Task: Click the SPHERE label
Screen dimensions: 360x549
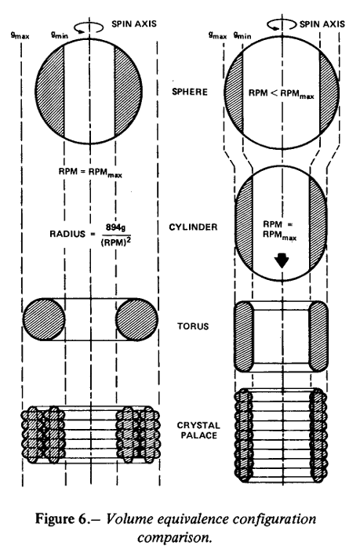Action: click(190, 92)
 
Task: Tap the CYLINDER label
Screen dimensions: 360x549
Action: click(193, 227)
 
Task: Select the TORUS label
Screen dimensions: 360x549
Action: click(193, 326)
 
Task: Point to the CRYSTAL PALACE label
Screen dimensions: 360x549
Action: click(198, 431)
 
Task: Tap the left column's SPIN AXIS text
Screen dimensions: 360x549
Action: click(134, 24)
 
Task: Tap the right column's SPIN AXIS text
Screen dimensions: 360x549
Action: click(322, 24)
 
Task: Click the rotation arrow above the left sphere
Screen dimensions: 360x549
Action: click(89, 27)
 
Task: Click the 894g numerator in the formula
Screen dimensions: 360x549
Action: click(116, 227)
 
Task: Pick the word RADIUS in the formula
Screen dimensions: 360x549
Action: click(67, 234)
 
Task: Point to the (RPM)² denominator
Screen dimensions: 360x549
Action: click(115, 242)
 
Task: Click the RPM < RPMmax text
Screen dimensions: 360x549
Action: click(282, 94)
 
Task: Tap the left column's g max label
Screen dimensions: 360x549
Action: click(20, 35)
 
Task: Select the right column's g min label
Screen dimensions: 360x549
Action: click(242, 35)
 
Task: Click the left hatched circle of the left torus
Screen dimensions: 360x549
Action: click(44, 319)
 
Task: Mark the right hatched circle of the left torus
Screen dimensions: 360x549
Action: click(136, 319)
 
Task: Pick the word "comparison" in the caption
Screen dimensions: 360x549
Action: click(174, 537)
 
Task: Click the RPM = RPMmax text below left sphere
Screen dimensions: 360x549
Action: click(90, 173)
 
